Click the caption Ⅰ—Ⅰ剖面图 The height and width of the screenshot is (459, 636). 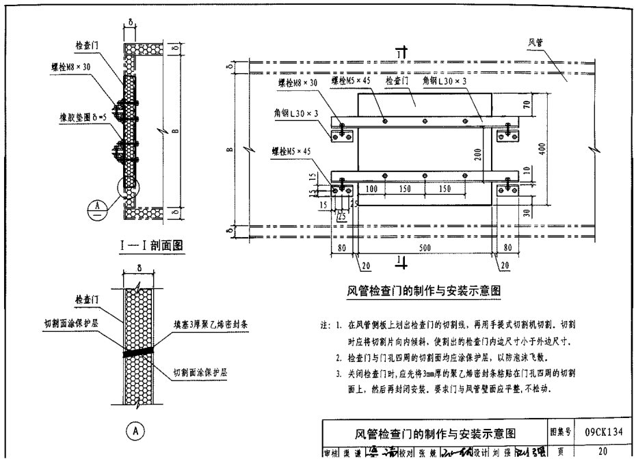tap(151, 244)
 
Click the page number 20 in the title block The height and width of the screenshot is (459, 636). tap(602, 451)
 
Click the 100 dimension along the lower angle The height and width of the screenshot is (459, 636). tap(372, 188)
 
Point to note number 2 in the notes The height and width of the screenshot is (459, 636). tap(339, 357)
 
